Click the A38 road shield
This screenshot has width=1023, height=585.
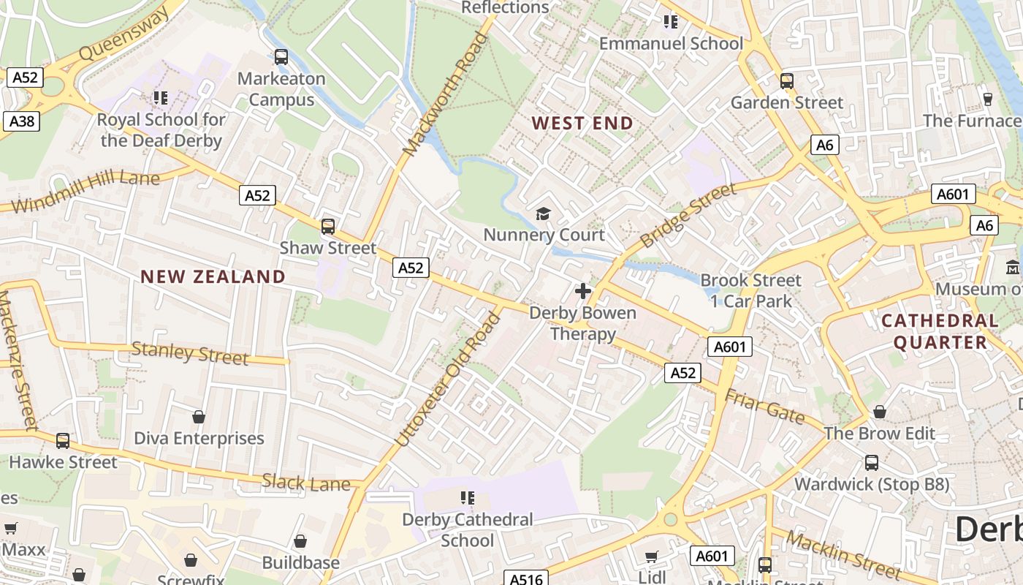pyautogui.click(x=21, y=121)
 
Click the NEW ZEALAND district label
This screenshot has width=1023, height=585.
pyautogui.click(x=213, y=276)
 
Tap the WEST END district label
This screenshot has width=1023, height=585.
pyautogui.click(x=582, y=123)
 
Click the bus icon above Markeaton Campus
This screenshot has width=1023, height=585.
pyautogui.click(x=281, y=56)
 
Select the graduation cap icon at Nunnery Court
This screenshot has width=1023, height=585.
pyautogui.click(x=544, y=214)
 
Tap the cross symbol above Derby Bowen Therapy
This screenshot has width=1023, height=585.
pyautogui.click(x=582, y=291)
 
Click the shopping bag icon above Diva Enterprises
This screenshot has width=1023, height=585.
pyautogui.click(x=198, y=417)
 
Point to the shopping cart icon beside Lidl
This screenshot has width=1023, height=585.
pyautogui.click(x=651, y=557)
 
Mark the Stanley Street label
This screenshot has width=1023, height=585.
pyautogui.click(x=190, y=353)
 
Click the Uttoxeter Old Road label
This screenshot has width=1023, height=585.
pyautogui.click(x=450, y=380)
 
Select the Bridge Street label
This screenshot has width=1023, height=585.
pyautogui.click(x=688, y=216)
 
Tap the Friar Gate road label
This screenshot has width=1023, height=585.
pyautogui.click(x=764, y=407)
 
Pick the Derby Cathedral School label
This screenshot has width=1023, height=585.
pyautogui.click(x=468, y=530)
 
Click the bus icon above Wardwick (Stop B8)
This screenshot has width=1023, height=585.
pyautogui.click(x=872, y=462)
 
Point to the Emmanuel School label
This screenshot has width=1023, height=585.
pyautogui.click(x=671, y=43)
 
